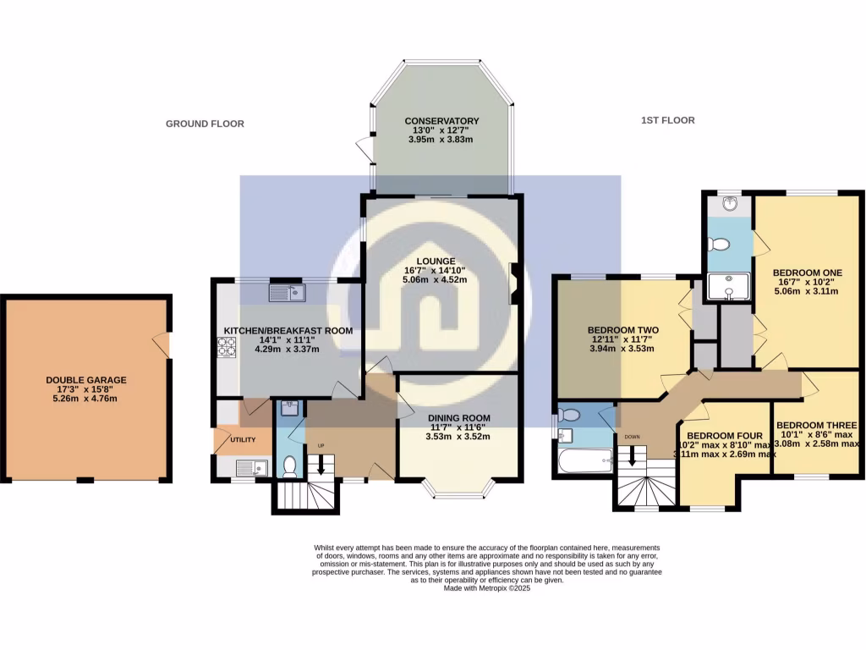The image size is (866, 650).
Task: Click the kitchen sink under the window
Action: (x=285, y=293)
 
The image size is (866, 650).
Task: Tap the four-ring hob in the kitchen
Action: (x=227, y=346)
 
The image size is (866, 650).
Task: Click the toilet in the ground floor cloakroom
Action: (x=289, y=465)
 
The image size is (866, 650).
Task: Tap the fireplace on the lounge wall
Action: (x=513, y=283)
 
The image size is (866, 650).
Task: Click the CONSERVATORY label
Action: (x=441, y=121)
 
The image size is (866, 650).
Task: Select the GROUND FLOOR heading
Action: (x=205, y=124)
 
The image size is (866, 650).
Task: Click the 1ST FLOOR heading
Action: (x=667, y=121)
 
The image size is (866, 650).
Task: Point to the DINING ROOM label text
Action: (x=458, y=417)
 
